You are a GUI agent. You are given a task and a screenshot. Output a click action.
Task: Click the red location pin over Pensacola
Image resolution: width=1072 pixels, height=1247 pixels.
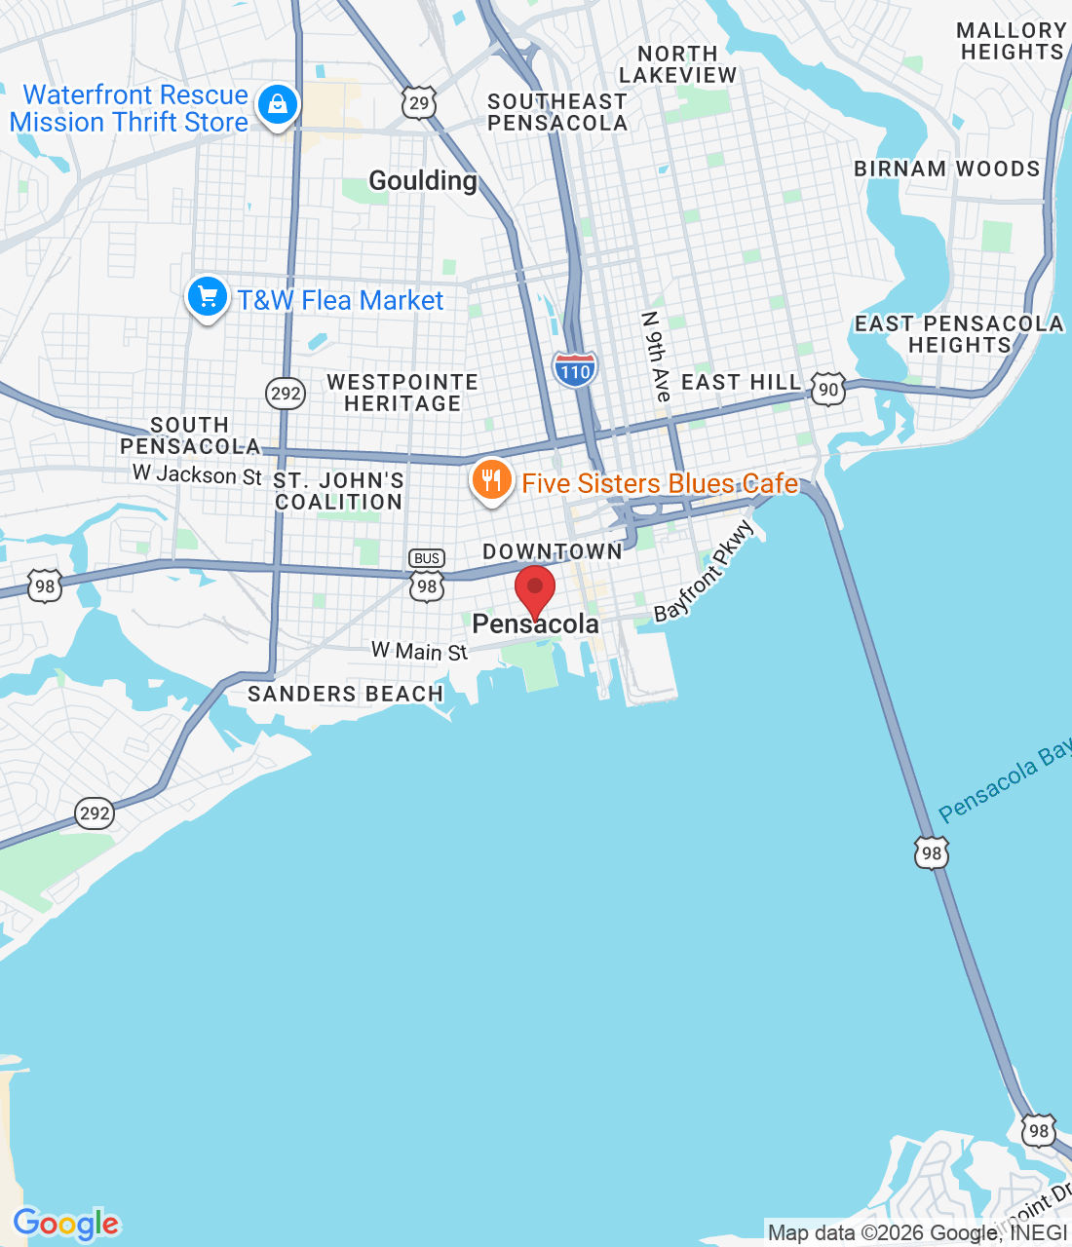tap(534, 589)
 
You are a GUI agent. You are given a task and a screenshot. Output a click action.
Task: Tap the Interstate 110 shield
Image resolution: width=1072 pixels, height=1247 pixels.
tap(575, 370)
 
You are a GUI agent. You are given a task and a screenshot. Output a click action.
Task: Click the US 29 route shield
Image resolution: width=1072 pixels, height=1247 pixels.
tap(419, 102)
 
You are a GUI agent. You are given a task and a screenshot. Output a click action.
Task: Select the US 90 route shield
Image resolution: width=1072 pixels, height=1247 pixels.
tap(828, 389)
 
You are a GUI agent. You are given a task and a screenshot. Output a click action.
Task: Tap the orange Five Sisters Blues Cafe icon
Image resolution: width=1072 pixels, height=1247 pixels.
tap(492, 480)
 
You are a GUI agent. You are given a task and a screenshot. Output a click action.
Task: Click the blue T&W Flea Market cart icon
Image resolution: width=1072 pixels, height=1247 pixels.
tap(207, 297)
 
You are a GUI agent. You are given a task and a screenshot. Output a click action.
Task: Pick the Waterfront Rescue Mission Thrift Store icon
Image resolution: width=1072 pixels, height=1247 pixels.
tap(278, 103)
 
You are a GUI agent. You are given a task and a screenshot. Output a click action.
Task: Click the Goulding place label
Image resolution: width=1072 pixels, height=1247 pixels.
tap(423, 180)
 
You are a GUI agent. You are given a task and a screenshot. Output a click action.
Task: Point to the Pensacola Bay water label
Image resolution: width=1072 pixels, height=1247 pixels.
tap(1004, 780)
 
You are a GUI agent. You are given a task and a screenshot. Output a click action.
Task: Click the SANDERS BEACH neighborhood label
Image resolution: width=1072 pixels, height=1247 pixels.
tap(345, 694)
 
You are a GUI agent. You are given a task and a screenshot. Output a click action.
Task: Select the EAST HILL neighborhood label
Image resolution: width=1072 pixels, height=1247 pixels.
tap(741, 382)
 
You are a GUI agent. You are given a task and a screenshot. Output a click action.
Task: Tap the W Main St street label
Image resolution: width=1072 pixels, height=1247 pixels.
tap(419, 651)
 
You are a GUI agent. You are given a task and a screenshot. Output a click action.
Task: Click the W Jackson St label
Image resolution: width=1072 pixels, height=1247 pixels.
tap(198, 474)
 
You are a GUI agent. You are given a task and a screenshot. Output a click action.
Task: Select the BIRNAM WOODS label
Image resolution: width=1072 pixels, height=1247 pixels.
tap(946, 169)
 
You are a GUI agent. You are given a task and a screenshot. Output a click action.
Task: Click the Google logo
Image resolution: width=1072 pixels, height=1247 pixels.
tap(66, 1224)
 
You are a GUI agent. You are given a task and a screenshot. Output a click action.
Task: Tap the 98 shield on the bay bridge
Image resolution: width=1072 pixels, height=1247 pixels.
tap(932, 852)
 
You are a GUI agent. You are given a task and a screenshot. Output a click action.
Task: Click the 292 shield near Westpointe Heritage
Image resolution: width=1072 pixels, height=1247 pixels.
tap(286, 394)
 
